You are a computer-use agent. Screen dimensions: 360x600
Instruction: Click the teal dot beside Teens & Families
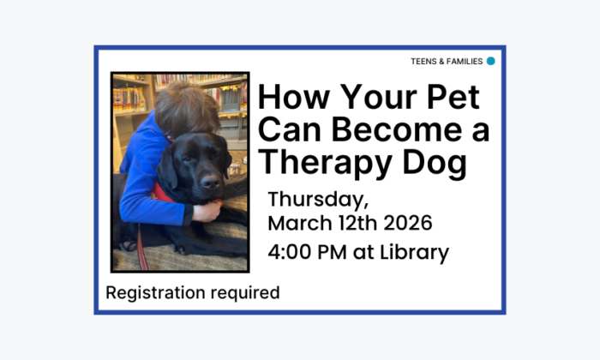[491, 61]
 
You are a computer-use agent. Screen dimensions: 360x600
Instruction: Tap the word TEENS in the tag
[423, 62]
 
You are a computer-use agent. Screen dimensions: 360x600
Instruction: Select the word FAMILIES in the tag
[463, 62]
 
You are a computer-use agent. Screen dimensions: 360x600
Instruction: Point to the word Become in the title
[386, 130]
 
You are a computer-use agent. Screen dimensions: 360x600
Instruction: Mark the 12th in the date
[351, 224]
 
